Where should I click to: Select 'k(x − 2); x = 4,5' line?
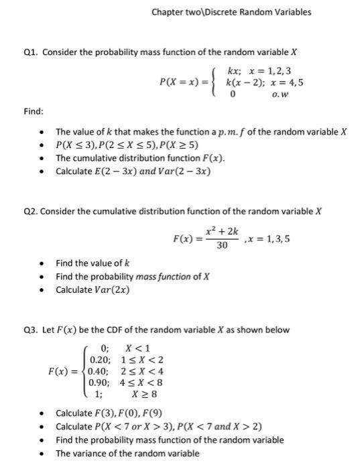265,82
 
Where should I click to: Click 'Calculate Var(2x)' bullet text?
93,289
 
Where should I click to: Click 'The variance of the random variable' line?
127,454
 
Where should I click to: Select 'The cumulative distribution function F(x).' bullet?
140,158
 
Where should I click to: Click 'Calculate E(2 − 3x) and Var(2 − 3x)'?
133,171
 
